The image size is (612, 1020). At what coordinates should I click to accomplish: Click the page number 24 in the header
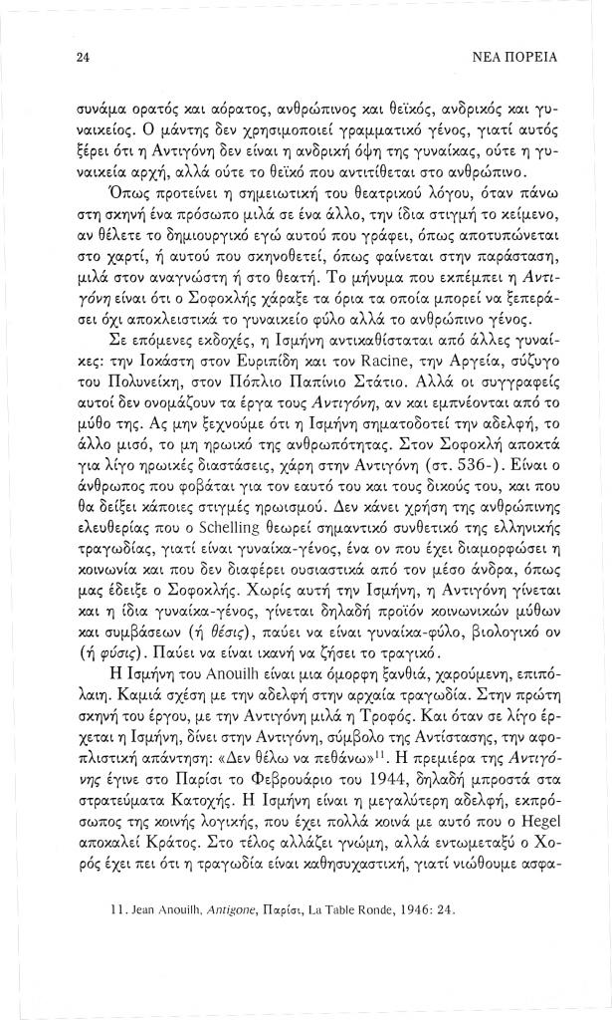pyautogui.click(x=84, y=59)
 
